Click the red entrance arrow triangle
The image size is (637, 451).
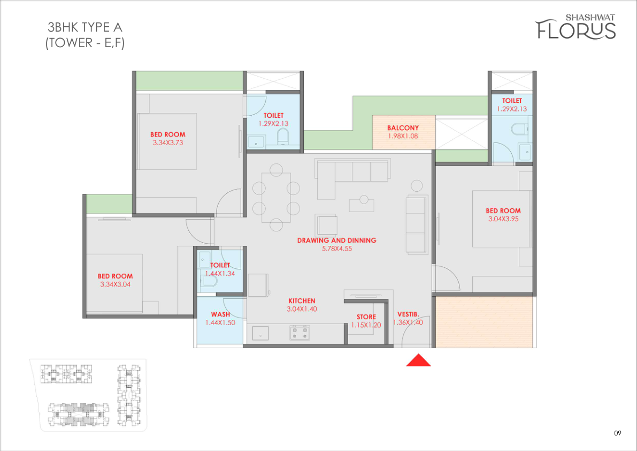tap(418, 360)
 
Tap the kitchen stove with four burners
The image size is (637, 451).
tap(300, 333)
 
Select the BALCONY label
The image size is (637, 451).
tap(403, 127)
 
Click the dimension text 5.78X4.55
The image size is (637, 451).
tap(337, 249)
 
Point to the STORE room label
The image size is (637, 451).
tap(366, 317)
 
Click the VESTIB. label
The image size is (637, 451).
tap(408, 314)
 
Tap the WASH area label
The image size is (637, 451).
tap(220, 314)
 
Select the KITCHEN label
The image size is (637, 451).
tap(302, 301)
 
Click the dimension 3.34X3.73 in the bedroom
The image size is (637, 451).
tap(168, 142)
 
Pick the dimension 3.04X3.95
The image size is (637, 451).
tap(503, 219)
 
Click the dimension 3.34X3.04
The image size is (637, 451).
tap(116, 284)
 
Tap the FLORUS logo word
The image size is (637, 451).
tap(575, 29)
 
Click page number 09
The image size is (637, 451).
tap(618, 433)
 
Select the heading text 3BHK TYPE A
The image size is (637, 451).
tap(85, 27)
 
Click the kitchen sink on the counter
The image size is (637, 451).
tap(260, 333)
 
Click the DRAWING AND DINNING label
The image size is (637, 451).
tap(337, 240)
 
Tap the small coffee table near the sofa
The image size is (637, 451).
tap(362, 205)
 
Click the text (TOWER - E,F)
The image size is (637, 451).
tap(85, 43)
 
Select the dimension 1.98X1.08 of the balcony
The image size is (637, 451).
tap(403, 136)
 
